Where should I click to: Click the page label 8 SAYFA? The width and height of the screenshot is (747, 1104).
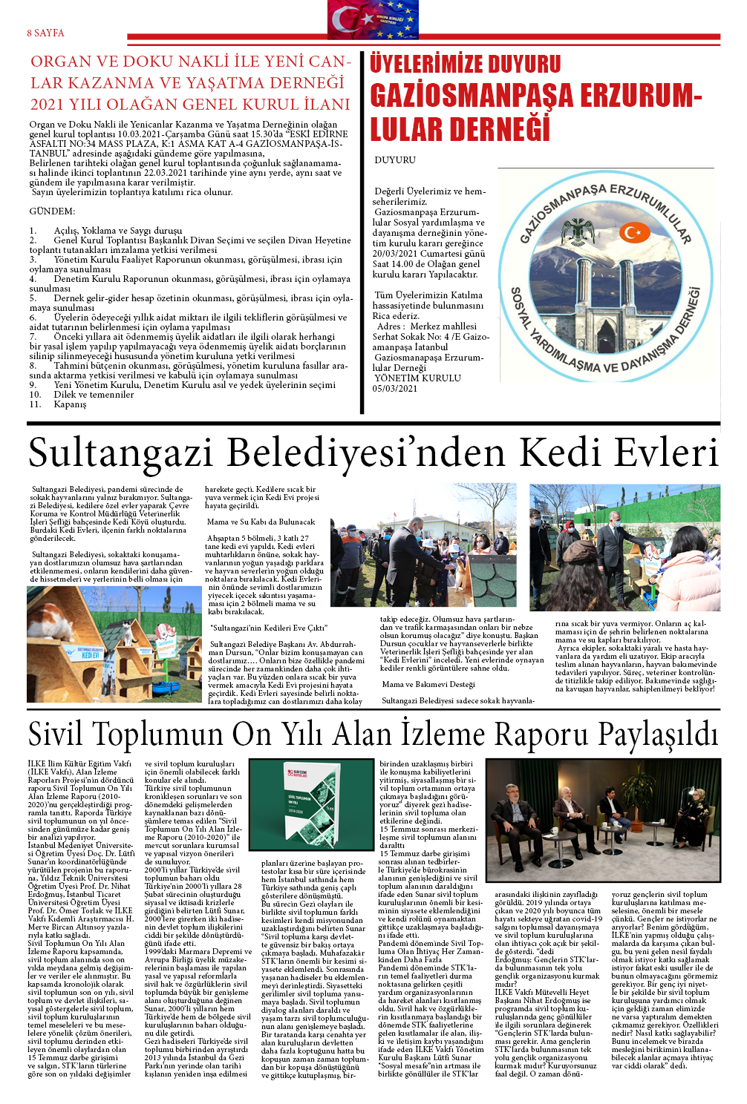(45, 33)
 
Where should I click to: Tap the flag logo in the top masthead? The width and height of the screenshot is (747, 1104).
(373, 19)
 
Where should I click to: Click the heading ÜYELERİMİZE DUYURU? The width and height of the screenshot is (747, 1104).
(465, 64)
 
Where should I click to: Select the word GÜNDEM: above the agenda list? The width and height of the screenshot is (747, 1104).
(52, 211)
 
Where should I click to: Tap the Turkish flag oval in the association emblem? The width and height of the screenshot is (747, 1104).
(632, 233)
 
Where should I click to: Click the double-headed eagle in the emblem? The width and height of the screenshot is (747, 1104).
(578, 232)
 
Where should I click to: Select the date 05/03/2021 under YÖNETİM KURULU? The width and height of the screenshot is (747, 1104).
(395, 389)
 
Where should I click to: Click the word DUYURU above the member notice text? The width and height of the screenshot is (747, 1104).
(395, 160)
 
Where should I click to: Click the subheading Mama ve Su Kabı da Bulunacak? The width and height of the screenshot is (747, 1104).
(261, 522)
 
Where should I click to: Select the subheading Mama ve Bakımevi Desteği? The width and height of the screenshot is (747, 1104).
(428, 684)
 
